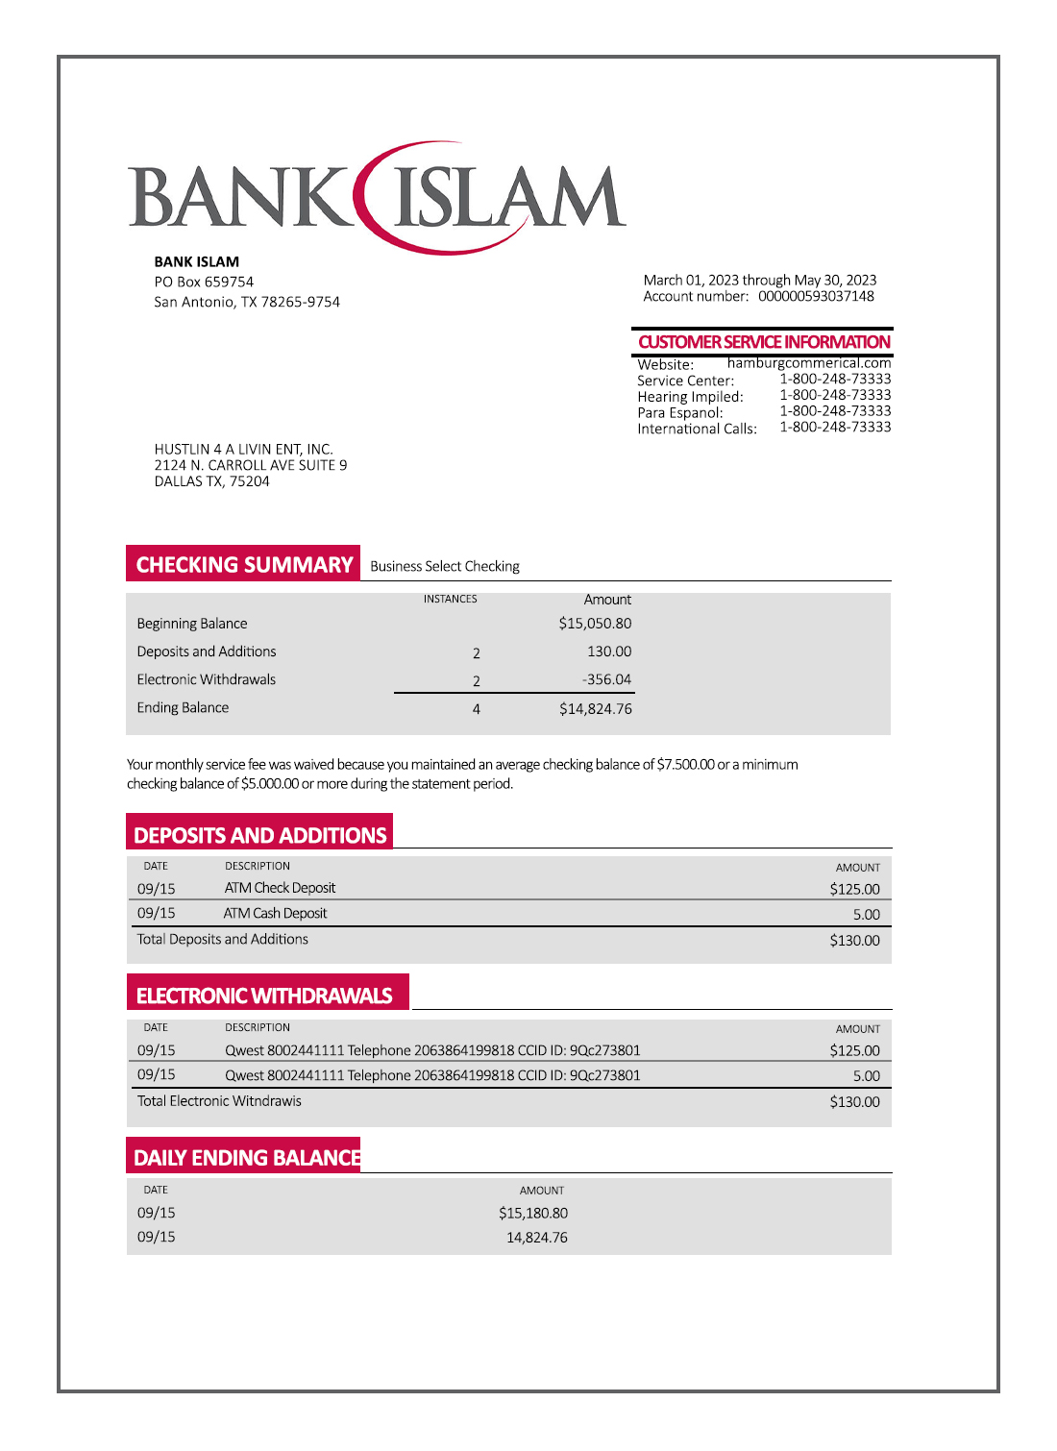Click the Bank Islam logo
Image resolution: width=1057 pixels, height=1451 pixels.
point(377,197)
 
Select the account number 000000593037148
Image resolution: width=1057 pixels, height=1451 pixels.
point(816,296)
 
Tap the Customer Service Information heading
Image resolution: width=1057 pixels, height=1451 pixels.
point(764,342)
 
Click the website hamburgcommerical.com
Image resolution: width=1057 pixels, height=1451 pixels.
point(809,363)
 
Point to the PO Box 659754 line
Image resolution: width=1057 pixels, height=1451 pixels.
point(204,282)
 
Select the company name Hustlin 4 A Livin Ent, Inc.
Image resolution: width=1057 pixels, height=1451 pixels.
point(243,449)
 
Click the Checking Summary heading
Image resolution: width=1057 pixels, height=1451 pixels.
point(244,565)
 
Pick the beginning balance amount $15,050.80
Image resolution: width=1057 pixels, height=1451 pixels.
point(595,624)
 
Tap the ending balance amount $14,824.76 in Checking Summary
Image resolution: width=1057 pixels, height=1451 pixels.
point(595,709)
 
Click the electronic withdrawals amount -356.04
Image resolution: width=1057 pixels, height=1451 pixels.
point(606,679)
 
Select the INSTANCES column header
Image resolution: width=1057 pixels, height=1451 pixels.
point(450,600)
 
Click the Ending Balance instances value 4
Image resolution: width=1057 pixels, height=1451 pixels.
point(476,709)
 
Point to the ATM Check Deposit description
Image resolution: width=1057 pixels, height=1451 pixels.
point(280,888)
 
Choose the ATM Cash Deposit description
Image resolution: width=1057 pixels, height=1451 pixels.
point(275,913)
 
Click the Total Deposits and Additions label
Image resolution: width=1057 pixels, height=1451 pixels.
point(222,939)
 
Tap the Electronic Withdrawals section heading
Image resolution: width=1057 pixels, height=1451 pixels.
point(264,996)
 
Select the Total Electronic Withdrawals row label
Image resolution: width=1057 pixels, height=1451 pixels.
point(219,1101)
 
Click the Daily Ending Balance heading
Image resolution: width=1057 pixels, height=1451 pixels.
point(247,1158)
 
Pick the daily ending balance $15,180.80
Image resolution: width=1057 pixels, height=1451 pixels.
point(532,1214)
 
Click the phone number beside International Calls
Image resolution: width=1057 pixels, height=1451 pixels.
point(835,427)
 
